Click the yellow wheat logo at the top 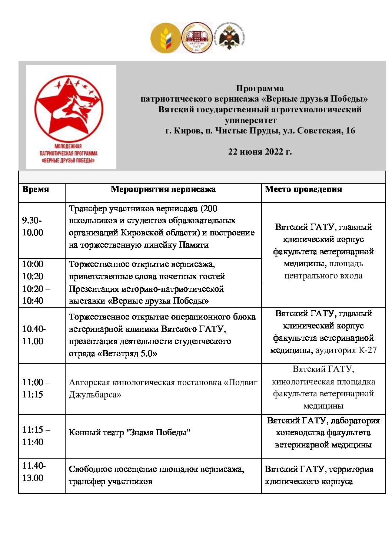166,38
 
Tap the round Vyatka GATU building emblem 197,37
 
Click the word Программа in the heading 260,88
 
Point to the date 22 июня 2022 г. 260,152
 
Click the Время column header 36,189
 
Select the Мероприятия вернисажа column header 163,189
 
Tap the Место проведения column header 303,189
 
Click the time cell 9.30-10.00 33,227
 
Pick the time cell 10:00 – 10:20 36,270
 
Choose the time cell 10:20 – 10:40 36,295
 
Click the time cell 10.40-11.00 34,335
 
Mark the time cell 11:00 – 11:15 36,388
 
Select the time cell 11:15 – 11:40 36,436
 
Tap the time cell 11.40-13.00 34,472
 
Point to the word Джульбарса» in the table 95,395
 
